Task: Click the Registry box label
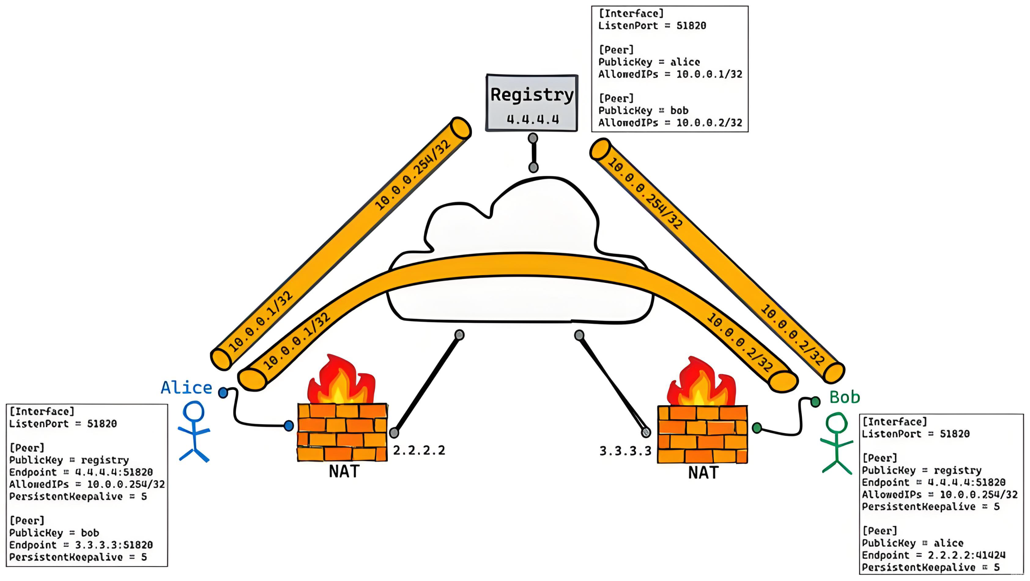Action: (531, 95)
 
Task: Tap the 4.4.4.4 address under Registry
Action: (533, 119)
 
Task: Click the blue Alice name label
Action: (186, 387)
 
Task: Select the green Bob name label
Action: (845, 398)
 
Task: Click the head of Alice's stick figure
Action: (194, 412)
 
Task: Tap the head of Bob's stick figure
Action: (836, 423)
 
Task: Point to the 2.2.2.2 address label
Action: (419, 450)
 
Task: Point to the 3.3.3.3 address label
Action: (625, 451)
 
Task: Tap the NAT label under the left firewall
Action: (344, 472)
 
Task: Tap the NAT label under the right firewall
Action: (703, 473)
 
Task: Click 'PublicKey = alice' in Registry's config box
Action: (649, 62)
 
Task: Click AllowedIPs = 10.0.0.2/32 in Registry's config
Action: (670, 123)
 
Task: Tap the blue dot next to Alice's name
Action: (223, 393)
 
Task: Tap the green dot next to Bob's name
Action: (815, 402)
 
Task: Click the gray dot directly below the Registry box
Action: (533, 138)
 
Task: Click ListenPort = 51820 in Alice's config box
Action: (63, 424)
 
